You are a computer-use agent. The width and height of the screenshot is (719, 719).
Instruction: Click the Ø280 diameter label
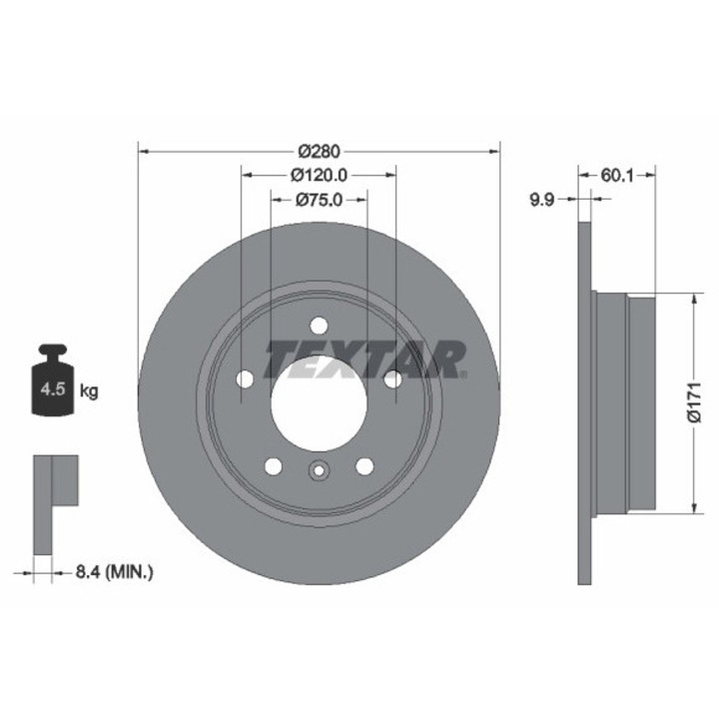click(x=319, y=151)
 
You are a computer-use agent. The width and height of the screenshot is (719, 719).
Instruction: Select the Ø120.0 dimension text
click(x=320, y=175)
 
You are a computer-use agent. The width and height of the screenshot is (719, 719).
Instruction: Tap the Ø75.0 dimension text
click(x=320, y=200)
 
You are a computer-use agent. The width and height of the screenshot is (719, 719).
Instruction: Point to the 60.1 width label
click(x=617, y=175)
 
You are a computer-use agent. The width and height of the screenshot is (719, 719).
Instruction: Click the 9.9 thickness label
click(x=542, y=200)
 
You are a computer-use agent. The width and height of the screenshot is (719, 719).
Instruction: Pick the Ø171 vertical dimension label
click(x=695, y=401)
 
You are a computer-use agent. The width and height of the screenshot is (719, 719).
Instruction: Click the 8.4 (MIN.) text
click(x=114, y=572)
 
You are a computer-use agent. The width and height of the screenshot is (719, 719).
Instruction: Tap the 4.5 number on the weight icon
click(x=53, y=389)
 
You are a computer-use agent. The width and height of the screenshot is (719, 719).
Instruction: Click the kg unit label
click(x=89, y=391)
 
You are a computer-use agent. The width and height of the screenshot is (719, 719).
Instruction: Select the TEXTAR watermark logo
click(x=366, y=359)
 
